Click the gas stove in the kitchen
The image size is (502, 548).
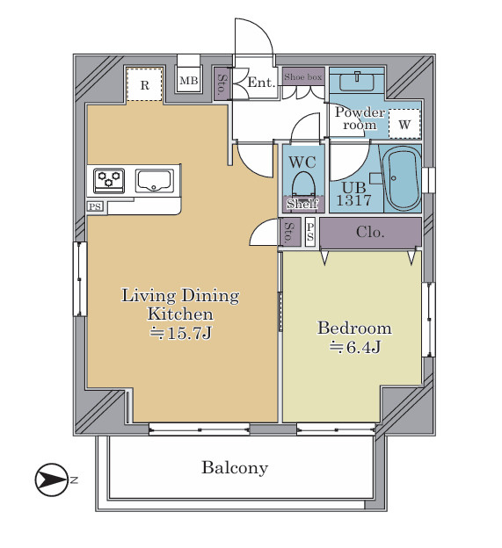point(109,181)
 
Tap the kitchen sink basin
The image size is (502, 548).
point(154,181)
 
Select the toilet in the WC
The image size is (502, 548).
point(303,184)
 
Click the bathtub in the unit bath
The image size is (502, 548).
point(402,178)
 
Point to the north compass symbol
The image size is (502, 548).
point(51,479)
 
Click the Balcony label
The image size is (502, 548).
point(235,467)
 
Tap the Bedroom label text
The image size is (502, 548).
point(354,328)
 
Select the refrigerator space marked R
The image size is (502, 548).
point(144,84)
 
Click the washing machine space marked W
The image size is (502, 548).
point(404,124)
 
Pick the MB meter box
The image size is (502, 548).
point(188,81)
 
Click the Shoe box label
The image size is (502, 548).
point(302,77)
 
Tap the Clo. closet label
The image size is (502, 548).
point(370,232)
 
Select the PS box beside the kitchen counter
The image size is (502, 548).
point(95,206)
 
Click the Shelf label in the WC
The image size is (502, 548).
point(303,204)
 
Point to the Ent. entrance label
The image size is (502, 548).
point(261,83)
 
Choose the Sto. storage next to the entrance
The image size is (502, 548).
point(222,84)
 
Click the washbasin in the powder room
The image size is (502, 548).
point(356,83)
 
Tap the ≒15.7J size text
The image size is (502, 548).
point(180,333)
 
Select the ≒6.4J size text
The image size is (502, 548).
point(354,347)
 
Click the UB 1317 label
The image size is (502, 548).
point(353,194)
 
